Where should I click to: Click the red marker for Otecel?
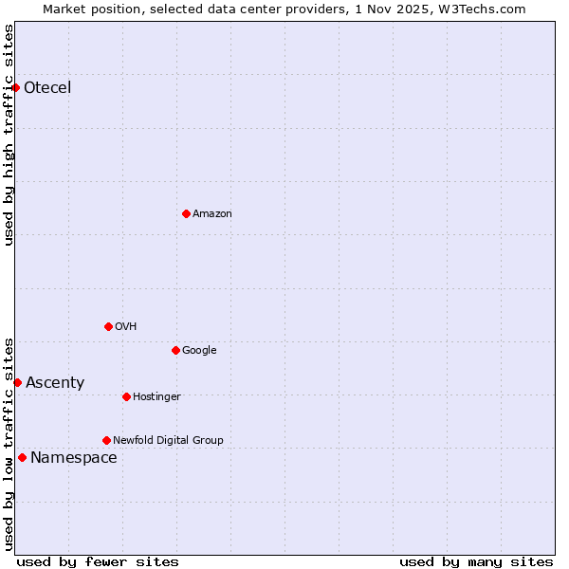point(16,87)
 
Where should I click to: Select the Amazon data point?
point(186,213)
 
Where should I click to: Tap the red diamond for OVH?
point(108,326)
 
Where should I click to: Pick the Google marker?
point(175,350)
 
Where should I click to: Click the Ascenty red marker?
point(17,382)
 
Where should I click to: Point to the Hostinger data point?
point(126,396)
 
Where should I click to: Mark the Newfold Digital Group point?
point(106,440)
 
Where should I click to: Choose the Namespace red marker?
point(22,457)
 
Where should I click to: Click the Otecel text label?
point(47,88)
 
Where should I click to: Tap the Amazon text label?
point(212,214)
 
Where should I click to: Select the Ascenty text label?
point(55,383)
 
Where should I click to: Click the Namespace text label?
point(74,458)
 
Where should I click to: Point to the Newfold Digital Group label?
point(168,440)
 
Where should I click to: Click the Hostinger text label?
point(156,396)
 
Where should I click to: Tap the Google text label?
point(199,351)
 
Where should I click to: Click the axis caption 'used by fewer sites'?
point(98,561)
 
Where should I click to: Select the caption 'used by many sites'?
point(476,561)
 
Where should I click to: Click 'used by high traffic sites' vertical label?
point(9,135)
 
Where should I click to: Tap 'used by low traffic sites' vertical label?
point(9,443)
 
